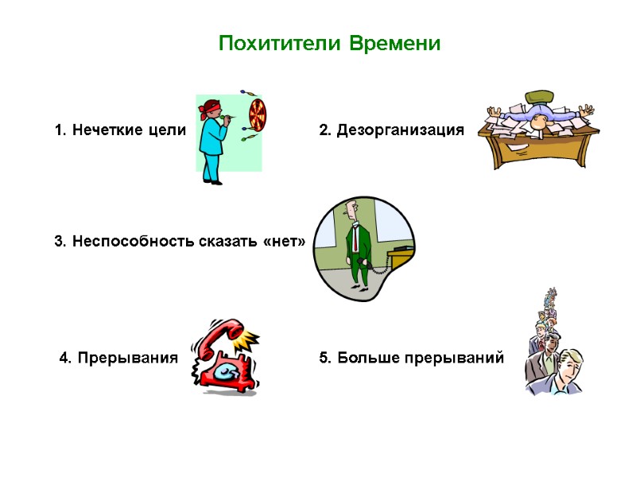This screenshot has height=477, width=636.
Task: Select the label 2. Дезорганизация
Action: click(391, 130)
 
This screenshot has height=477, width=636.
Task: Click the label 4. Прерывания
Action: click(119, 359)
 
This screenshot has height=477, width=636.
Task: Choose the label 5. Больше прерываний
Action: click(411, 359)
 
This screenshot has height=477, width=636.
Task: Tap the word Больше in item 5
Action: click(368, 359)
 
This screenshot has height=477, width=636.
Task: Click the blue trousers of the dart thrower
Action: click(211, 166)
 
